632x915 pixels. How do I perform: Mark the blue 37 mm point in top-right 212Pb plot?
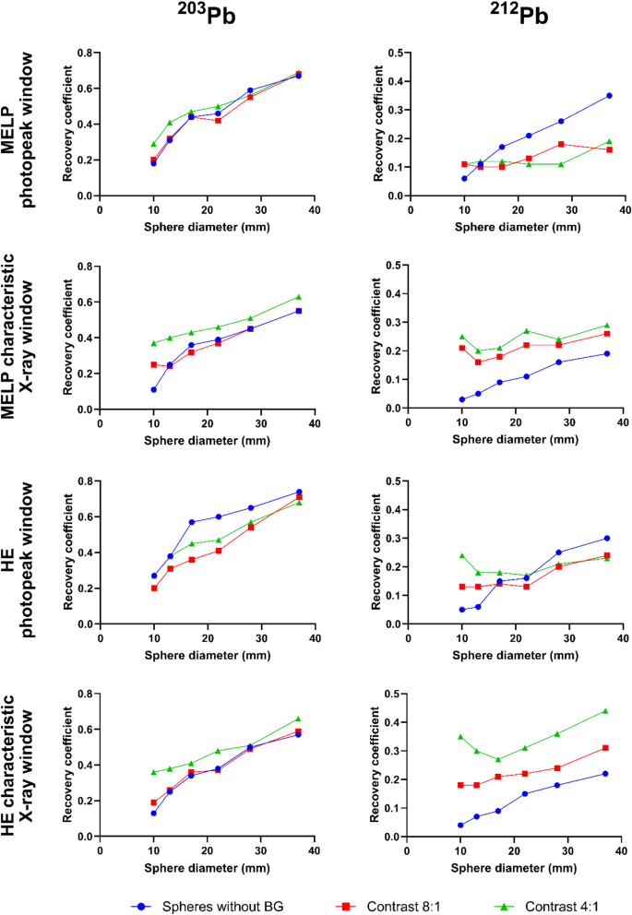(608, 95)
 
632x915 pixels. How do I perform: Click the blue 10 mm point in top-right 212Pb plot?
(464, 178)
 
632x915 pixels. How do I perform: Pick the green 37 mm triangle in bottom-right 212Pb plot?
(608, 710)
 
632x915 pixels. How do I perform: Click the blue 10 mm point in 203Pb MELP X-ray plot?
(153, 389)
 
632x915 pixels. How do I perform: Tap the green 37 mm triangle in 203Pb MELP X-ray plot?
(298, 297)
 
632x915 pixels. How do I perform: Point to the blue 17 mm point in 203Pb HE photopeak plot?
(191, 522)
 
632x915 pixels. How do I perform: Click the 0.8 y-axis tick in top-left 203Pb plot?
(86, 53)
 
